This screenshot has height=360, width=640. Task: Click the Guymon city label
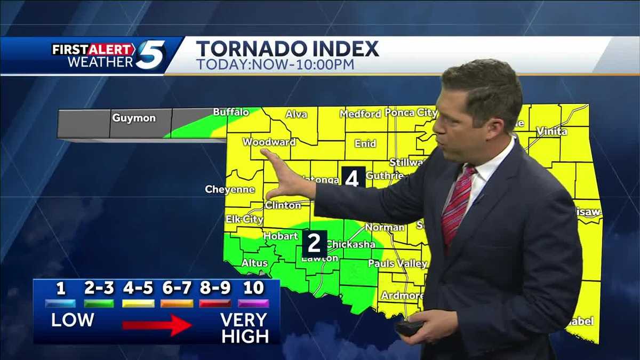point(133,118)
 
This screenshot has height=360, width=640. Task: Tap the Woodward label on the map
point(269,142)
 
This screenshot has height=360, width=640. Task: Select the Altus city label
point(254,263)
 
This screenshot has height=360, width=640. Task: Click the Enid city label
point(365,143)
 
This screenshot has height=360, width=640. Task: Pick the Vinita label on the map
point(552,131)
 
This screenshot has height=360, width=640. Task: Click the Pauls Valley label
point(398,263)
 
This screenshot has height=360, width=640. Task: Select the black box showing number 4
point(352,178)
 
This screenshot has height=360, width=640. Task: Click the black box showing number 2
point(315,244)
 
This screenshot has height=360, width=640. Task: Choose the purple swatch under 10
point(253,303)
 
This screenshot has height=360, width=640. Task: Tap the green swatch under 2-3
point(99,303)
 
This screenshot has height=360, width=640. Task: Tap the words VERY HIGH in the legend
point(244,327)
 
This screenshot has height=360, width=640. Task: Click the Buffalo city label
point(231,112)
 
